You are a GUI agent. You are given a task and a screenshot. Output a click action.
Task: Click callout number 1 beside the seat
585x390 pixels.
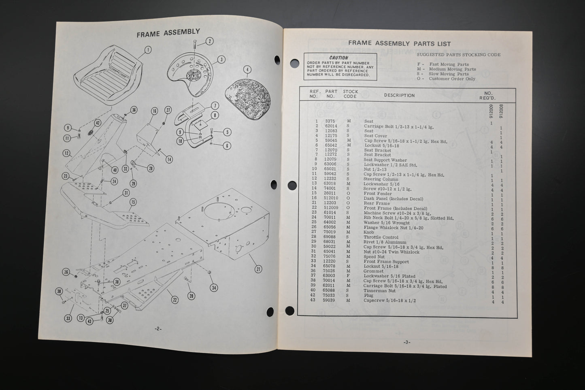tap(148, 50)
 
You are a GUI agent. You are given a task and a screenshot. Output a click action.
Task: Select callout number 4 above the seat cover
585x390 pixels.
tap(247, 69)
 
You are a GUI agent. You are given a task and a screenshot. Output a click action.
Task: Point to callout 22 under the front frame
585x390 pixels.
tap(174, 300)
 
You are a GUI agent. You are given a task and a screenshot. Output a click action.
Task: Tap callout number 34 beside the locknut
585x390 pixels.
tap(213, 288)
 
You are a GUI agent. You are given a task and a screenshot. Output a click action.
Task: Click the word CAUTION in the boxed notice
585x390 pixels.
tap(338, 58)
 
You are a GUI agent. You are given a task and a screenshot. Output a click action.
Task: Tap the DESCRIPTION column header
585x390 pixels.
tap(399, 96)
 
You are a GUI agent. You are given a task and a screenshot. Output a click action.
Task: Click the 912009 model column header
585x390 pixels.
tap(491, 111)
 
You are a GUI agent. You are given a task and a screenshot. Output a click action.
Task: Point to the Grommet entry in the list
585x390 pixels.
tap(373, 271)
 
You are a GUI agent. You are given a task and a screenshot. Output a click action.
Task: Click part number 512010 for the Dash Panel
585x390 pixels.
tap(330, 199)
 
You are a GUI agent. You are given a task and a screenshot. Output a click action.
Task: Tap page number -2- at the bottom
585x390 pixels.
tap(158, 328)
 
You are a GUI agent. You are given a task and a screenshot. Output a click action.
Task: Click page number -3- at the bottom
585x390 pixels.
tap(407, 342)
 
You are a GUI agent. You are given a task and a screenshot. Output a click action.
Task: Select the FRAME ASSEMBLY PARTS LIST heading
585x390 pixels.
tap(399, 44)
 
